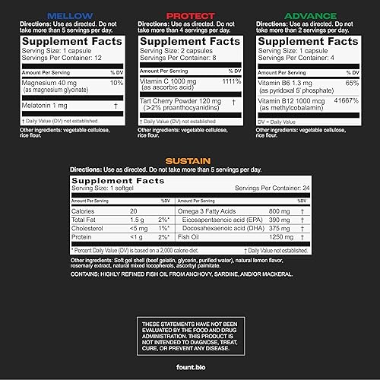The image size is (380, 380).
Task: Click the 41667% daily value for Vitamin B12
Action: [347, 99]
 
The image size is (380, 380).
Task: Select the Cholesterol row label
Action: [88, 227]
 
